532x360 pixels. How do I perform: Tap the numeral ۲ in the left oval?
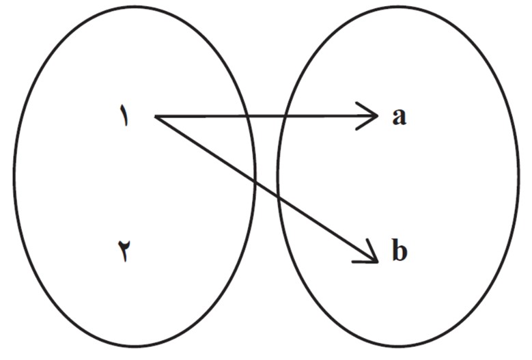[125, 251]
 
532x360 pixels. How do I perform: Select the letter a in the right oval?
[399, 117]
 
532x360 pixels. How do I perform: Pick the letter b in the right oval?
[400, 250]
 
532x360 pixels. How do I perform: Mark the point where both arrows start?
[156, 117]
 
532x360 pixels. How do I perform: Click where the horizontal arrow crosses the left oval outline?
[248, 116]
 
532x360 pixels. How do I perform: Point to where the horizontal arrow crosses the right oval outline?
[285, 116]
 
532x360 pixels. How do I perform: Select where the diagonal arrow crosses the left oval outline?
[255, 182]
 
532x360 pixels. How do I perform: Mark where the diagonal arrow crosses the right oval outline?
[278, 197]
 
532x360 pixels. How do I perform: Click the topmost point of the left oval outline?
[134, 6]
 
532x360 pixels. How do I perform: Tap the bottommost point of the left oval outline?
[134, 346]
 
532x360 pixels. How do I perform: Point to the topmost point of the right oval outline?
[399, 6]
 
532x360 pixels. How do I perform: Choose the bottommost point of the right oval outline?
[399, 346]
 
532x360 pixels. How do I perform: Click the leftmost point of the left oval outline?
[14, 176]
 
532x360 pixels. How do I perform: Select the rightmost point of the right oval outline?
[519, 176]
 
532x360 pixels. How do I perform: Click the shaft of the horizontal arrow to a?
[266, 116]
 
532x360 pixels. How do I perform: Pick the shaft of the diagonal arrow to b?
[266, 189]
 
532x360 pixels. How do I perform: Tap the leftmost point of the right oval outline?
[278, 176]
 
